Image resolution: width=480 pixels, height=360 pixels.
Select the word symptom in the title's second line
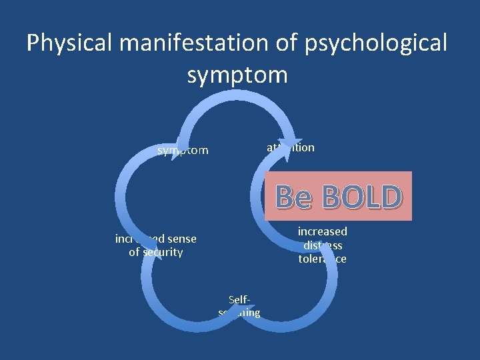tap(237, 75)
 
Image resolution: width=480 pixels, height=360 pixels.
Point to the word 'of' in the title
tap(290, 43)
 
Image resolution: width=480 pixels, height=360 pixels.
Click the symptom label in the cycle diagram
tap(183, 151)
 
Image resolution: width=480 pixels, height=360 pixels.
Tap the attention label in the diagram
tap(291, 147)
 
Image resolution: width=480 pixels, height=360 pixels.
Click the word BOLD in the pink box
tap(361, 197)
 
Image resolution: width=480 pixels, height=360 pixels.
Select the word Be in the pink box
tap(293, 197)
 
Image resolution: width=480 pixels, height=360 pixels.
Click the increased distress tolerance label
tap(323, 245)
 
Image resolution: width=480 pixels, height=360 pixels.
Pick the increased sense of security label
tap(155, 245)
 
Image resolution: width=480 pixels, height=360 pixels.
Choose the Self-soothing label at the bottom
tap(239, 307)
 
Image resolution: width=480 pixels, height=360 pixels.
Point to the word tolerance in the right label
tap(323, 259)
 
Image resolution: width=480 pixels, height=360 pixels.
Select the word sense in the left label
tap(182, 239)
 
